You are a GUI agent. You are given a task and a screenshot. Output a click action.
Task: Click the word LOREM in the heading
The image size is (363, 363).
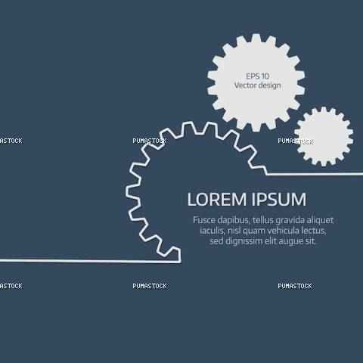click(x=217, y=200)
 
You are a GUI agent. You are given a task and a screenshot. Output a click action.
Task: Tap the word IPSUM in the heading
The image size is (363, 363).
click(x=278, y=200)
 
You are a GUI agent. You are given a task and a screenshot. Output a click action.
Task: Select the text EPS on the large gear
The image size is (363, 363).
click(x=253, y=76)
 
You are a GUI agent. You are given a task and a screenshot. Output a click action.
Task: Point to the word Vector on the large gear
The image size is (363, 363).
click(x=245, y=85)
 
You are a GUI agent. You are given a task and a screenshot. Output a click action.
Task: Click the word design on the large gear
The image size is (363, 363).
click(x=269, y=86)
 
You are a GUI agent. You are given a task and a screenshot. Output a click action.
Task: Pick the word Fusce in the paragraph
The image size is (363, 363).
click(x=204, y=220)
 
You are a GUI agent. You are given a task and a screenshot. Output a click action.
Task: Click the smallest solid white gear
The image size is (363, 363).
click(x=324, y=136)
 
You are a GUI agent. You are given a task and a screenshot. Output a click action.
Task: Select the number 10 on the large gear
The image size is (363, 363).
click(x=265, y=76)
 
